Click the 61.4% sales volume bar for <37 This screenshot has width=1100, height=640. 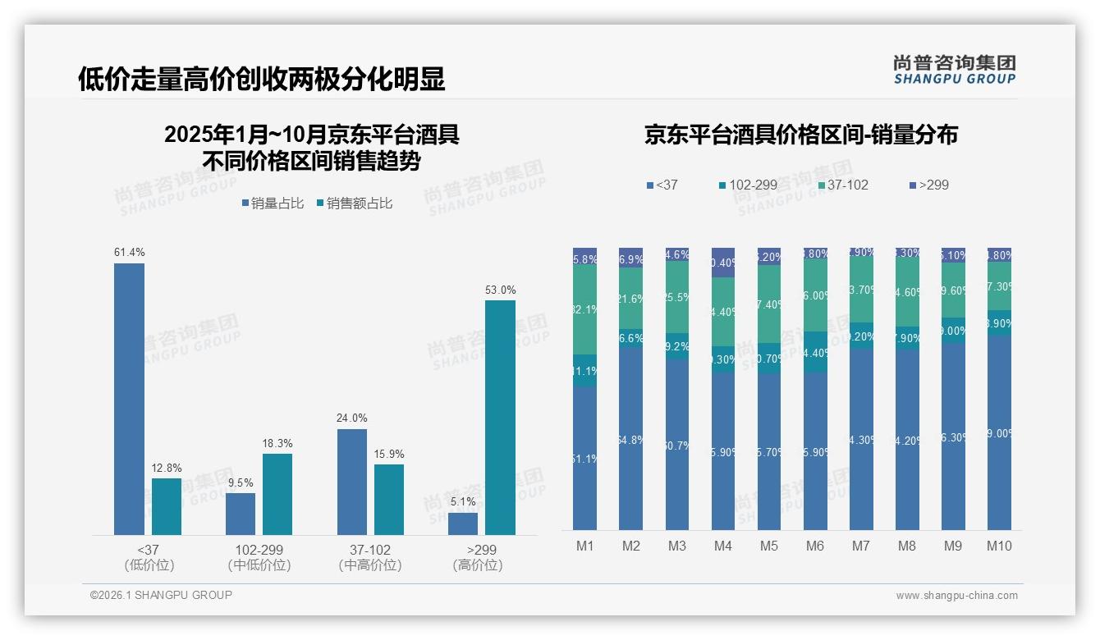129,399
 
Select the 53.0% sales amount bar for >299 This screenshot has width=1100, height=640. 500,418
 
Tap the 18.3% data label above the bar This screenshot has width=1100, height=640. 277,444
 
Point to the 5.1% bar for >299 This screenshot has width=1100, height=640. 463,523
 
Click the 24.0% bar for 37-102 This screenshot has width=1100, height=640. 352,482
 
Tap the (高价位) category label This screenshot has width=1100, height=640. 477,565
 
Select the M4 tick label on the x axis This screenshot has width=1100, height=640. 723,546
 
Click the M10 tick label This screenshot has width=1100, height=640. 999,546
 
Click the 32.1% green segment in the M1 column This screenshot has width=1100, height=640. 585,310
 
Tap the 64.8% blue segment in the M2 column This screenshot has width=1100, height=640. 631,439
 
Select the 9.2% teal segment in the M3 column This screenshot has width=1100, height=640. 677,347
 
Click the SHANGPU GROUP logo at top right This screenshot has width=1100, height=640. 954,70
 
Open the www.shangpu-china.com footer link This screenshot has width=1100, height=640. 956,596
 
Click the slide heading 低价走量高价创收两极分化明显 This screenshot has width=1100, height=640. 262,79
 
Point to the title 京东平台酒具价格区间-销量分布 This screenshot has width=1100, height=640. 800,135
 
